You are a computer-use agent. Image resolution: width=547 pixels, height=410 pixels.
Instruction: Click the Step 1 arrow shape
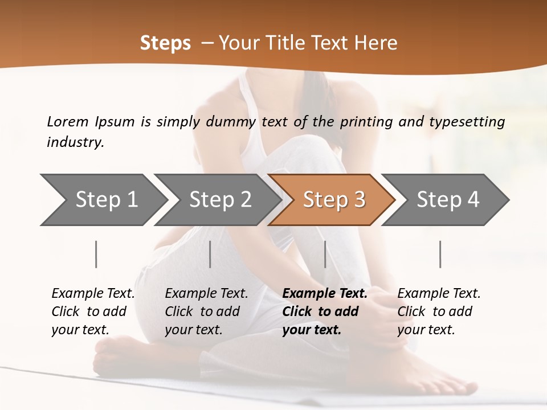(x=103, y=200)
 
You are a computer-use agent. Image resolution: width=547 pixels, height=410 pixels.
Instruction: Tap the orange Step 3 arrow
(x=333, y=200)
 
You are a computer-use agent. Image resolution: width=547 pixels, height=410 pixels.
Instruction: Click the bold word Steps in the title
(x=165, y=43)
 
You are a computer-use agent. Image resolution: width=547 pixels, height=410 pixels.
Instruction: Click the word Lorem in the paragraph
(x=67, y=121)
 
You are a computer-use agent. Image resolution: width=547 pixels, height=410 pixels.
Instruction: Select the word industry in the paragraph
(x=75, y=142)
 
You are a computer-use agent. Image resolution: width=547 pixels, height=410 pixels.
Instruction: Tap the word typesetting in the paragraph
(x=467, y=122)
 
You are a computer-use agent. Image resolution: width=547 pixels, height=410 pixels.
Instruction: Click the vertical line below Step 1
(x=96, y=254)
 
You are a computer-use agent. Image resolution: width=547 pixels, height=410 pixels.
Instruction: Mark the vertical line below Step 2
(x=210, y=254)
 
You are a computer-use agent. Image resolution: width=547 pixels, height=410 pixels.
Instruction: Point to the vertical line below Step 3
(x=325, y=254)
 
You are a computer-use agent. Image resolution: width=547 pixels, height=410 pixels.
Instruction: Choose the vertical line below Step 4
(x=440, y=254)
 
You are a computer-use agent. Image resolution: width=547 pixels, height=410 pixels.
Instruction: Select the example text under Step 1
(x=93, y=311)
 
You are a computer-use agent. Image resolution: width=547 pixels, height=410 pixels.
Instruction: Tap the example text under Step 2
(x=206, y=311)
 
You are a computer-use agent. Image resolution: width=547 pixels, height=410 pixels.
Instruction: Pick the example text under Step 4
(x=439, y=311)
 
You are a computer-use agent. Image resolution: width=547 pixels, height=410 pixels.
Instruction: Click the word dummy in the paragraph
(x=232, y=122)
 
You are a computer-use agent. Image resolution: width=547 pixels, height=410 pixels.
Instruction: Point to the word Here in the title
(x=377, y=43)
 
